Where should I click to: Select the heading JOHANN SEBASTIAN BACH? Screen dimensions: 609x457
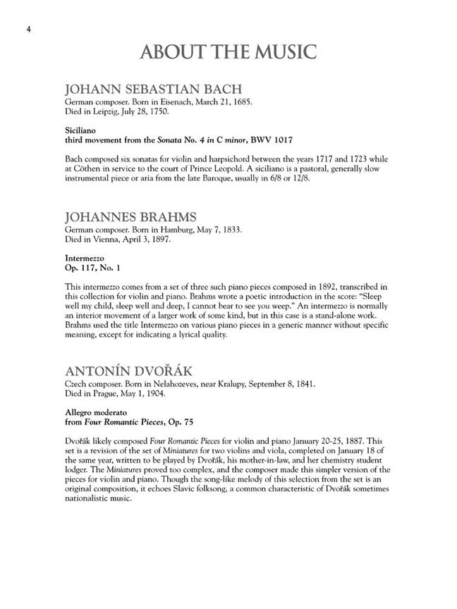(x=153, y=90)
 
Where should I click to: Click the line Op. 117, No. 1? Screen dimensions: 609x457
(x=93, y=268)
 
